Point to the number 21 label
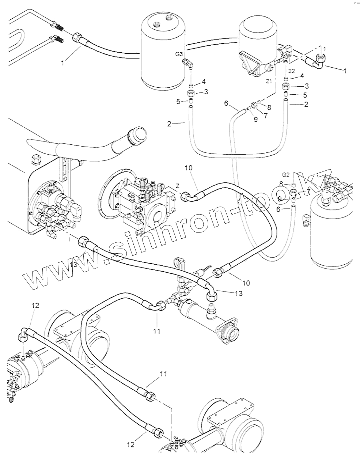269,81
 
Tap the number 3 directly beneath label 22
307,86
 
